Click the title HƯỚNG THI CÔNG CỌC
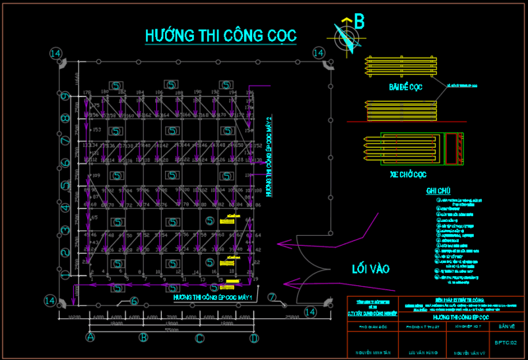[x=220, y=35]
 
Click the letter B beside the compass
[x=359, y=22]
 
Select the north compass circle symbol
[x=344, y=38]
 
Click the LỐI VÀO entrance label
[x=370, y=269]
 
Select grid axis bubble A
[x=90, y=338]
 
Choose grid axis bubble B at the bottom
[x=142, y=338]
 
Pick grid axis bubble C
[x=199, y=338]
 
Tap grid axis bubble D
[x=253, y=338]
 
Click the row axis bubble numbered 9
[x=65, y=97]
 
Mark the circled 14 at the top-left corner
[x=55, y=53]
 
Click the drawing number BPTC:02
[x=510, y=343]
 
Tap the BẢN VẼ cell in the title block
[x=507, y=326]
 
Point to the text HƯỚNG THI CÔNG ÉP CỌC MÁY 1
[x=213, y=297]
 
